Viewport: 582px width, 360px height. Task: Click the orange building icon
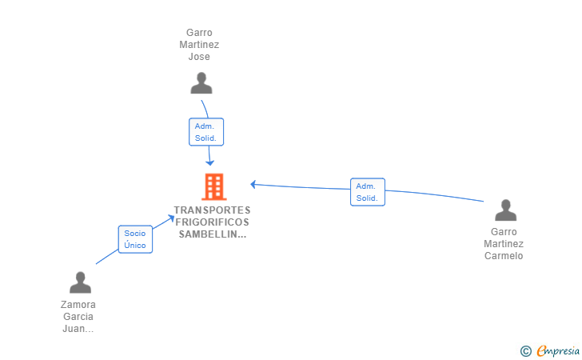(x=214, y=187)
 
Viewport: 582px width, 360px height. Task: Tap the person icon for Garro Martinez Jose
(x=201, y=83)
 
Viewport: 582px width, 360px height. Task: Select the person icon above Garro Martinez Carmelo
(x=505, y=210)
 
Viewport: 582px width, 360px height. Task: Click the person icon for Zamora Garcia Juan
(x=80, y=282)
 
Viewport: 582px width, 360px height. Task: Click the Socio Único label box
(x=135, y=239)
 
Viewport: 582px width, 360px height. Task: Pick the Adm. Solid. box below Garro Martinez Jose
(x=206, y=132)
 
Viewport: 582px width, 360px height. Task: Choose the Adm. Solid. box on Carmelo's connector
(x=368, y=192)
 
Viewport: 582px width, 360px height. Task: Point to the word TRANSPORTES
(x=213, y=210)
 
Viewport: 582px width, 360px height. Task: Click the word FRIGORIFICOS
(x=213, y=222)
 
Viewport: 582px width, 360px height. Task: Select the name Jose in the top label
(x=199, y=57)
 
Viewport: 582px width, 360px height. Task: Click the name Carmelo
(x=504, y=256)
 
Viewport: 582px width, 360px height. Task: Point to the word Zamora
(x=78, y=305)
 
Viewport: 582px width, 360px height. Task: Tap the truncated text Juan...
(x=78, y=329)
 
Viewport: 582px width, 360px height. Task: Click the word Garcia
(x=78, y=317)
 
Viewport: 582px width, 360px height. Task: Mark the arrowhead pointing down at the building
(x=210, y=162)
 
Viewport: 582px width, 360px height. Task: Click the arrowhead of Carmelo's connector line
(x=253, y=184)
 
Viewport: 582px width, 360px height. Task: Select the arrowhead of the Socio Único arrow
(x=170, y=218)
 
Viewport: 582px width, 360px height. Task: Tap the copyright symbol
(x=526, y=351)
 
